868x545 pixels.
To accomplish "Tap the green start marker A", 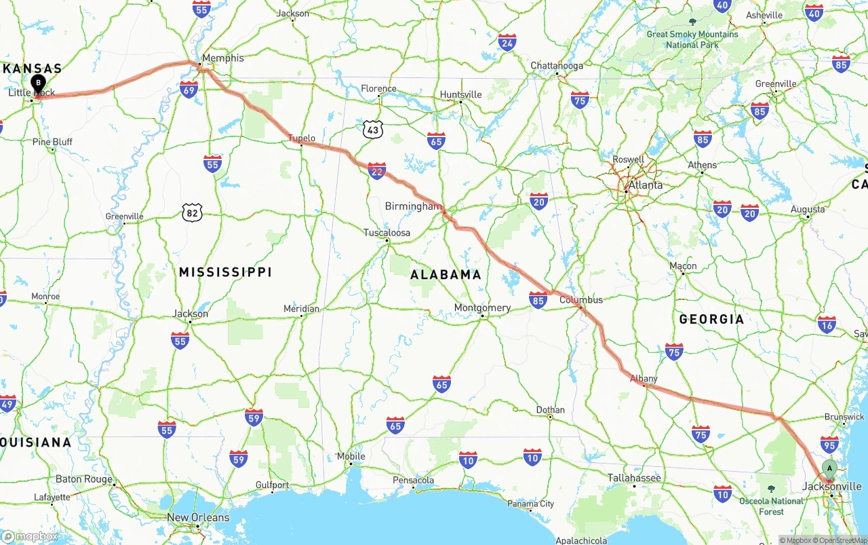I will click(x=829, y=468).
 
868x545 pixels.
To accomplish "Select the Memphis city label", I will click(x=223, y=58).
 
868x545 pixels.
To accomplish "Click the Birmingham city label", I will click(x=413, y=206).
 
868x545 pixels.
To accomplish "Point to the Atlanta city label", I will click(x=645, y=185).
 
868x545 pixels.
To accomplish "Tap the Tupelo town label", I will click(x=302, y=138).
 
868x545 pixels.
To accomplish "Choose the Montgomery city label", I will click(x=482, y=307).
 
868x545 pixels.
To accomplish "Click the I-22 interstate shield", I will click(x=377, y=170).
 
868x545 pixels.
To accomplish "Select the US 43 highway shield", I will click(x=372, y=129).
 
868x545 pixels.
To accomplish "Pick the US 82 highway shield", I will click(x=193, y=213).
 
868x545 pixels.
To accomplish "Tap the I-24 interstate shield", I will click(x=507, y=42).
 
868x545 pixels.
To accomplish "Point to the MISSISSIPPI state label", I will click(x=225, y=272).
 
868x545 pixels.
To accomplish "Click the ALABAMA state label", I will click(x=446, y=275).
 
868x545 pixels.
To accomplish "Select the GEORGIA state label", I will click(x=711, y=319).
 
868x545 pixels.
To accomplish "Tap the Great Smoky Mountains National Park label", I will click(x=692, y=39).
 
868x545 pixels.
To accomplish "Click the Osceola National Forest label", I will click(x=771, y=506).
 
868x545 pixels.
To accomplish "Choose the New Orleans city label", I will click(x=198, y=517).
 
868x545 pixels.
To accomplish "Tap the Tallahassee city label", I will click(x=634, y=478).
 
